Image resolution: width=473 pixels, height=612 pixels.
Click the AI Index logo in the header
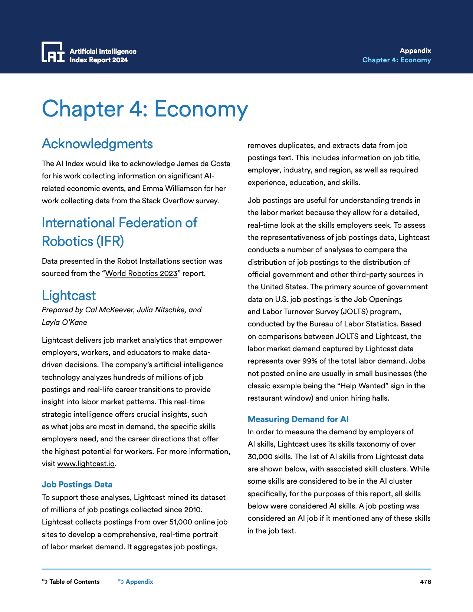pyautogui.click(x=53, y=52)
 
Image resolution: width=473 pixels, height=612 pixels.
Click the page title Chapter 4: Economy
pyautogui.click(x=145, y=109)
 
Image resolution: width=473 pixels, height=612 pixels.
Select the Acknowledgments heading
pyautogui.click(x=97, y=144)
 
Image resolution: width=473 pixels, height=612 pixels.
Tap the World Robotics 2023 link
pyautogui.click(x=141, y=274)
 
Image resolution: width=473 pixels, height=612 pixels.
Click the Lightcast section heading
pyautogui.click(x=69, y=296)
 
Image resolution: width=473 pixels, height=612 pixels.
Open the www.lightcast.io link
pyautogui.click(x=86, y=464)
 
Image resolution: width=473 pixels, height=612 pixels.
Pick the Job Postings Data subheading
pyautogui.click(x=77, y=485)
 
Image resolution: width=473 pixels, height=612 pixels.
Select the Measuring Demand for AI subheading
pyautogui.click(x=298, y=419)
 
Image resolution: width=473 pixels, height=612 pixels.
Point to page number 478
pyautogui.click(x=425, y=582)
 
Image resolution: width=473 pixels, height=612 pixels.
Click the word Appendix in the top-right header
pyautogui.click(x=415, y=51)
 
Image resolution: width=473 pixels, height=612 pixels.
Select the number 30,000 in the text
pyautogui.click(x=260, y=457)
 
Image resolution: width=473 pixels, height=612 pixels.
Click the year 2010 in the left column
pyautogui.click(x=193, y=510)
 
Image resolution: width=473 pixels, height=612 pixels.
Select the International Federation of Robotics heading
pyautogui.click(x=119, y=232)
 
